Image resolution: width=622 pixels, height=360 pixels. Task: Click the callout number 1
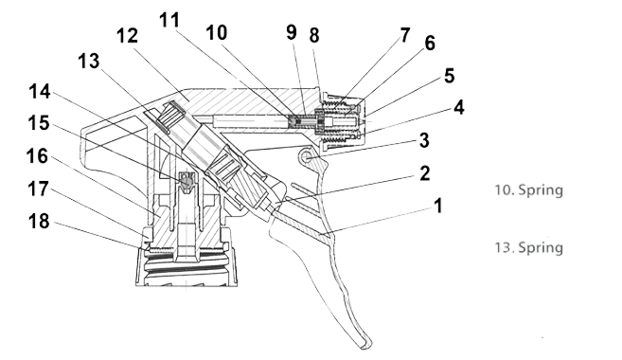coord(438,206)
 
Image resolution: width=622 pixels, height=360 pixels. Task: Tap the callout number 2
coord(424,174)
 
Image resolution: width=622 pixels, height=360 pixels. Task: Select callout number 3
coord(424,140)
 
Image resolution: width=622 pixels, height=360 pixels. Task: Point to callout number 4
coord(458,108)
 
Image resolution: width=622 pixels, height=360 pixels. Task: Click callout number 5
coord(449,76)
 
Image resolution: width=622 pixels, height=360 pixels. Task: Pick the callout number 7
coord(404,35)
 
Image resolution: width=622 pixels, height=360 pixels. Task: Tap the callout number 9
coord(292,32)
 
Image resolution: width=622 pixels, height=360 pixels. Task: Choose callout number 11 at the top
coord(169,20)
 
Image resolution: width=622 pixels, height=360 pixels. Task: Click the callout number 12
coord(128,36)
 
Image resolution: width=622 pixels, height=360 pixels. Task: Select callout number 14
coord(40,92)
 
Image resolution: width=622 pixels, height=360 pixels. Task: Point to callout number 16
coord(37,156)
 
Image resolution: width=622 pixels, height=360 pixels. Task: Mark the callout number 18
coord(39,221)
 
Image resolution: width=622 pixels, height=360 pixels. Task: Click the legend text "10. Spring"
coord(529,189)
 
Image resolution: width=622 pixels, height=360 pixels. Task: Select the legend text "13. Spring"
coord(529,247)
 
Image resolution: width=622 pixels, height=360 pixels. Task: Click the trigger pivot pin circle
coord(307,157)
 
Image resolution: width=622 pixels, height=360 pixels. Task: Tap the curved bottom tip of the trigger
coord(365,345)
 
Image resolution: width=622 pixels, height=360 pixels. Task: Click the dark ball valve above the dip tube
coord(187,181)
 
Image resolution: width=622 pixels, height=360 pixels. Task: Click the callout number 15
coord(39,123)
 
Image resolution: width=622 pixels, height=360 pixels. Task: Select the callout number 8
coord(314,35)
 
